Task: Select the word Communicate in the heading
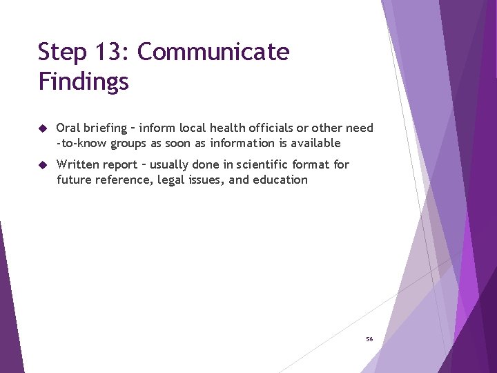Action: pos(213,52)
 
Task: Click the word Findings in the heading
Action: pos(84,82)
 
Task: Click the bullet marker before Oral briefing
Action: pos(43,128)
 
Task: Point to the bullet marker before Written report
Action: pos(43,165)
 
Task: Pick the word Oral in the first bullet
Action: pos(68,128)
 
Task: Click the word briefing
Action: pos(106,128)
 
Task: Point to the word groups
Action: pos(143,144)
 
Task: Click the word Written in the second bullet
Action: pos(79,164)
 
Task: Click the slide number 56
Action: pos(369,339)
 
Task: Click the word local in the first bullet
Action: pos(191,128)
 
